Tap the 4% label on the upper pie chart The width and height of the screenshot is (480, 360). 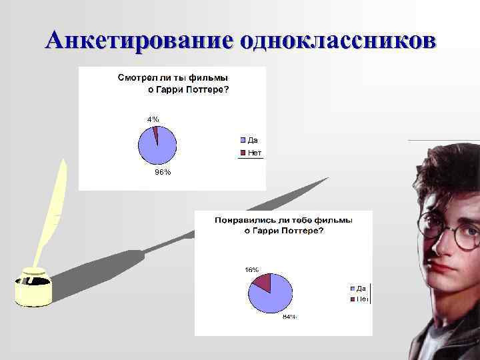[x=153, y=119]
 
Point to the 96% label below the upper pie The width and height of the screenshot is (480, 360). [x=163, y=172]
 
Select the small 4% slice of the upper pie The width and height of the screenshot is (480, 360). [x=156, y=133]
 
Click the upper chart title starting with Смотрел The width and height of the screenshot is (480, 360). [x=173, y=83]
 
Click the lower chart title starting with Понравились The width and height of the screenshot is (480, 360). [x=283, y=225]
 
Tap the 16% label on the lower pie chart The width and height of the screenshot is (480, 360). [x=252, y=270]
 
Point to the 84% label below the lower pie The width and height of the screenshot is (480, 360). [x=289, y=317]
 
